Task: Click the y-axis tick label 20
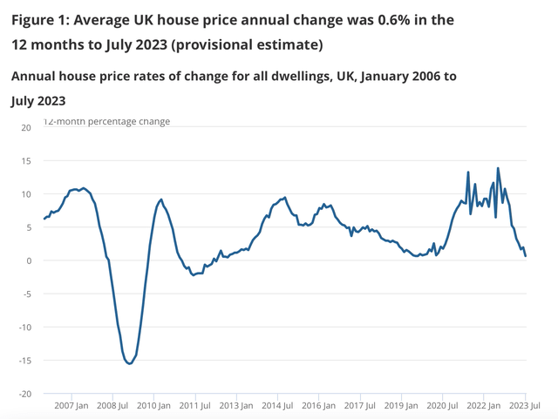coord(25,127)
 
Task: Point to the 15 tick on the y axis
coord(25,160)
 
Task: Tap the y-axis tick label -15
coord(24,360)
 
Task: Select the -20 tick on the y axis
coord(24,393)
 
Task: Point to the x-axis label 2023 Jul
coord(525,406)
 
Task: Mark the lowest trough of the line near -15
coord(129,363)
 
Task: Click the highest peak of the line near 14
coord(498,168)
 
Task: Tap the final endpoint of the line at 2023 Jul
coord(525,256)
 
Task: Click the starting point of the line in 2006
coord(43,220)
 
